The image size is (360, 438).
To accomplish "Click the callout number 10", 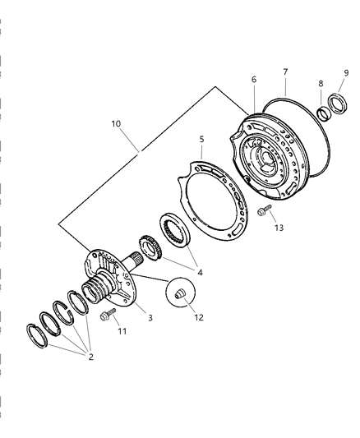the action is [116, 123].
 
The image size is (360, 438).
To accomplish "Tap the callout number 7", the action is [285, 71].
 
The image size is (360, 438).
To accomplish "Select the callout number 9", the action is [346, 73].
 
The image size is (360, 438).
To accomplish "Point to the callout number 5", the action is [201, 139].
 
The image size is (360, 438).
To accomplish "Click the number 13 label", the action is [279, 228].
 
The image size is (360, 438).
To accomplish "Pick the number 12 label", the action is [199, 317].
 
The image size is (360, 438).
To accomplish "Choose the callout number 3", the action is [150, 317].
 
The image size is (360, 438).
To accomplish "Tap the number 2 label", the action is [90, 357].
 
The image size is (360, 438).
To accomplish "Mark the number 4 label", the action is [200, 272].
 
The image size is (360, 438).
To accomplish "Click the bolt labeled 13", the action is [264, 210].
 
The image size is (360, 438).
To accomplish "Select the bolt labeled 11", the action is [108, 314].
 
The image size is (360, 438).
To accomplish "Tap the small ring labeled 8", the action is [325, 114].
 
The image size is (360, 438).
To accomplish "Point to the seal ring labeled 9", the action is [338, 104].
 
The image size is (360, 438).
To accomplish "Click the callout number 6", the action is [254, 80].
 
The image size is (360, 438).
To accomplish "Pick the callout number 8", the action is [321, 83].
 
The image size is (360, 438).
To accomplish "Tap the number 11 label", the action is [122, 331].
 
